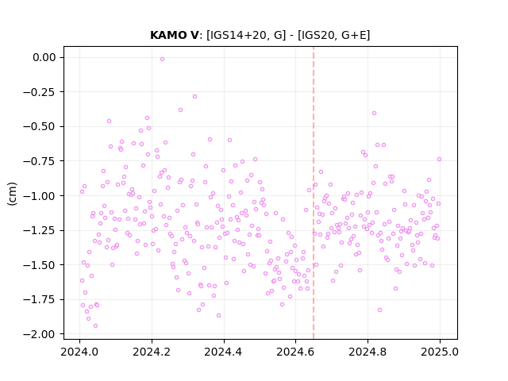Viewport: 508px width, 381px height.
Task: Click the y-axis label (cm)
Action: pyautogui.click(x=12, y=194)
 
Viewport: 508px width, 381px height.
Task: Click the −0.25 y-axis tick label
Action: pyautogui.click(x=40, y=92)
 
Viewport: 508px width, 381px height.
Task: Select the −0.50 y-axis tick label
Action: pyautogui.click(x=40, y=127)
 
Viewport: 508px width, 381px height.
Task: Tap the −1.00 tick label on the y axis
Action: pyautogui.click(x=40, y=196)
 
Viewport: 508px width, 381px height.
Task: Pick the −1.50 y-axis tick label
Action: pyautogui.click(x=40, y=265)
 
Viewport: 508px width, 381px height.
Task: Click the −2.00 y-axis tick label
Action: pyautogui.click(x=40, y=334)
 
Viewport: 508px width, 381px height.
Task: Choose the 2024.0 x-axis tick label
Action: pyautogui.click(x=79, y=352)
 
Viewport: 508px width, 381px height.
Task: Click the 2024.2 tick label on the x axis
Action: pyautogui.click(x=152, y=352)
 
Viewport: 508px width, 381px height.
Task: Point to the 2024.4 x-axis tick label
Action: pyautogui.click(x=224, y=352)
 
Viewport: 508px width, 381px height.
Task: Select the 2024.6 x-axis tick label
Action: pyautogui.click(x=295, y=352)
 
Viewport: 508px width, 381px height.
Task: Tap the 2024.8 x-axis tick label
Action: pyautogui.click(x=368, y=352)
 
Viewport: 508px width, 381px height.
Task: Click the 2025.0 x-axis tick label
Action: pyautogui.click(x=440, y=352)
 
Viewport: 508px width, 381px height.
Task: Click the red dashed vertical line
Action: pyautogui.click(x=314, y=193)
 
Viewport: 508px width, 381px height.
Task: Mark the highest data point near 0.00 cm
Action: pyautogui.click(x=162, y=59)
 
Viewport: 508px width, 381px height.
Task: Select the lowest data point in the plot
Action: pyautogui.click(x=95, y=326)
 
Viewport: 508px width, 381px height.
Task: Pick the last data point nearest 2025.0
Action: pyautogui.click(x=439, y=159)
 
